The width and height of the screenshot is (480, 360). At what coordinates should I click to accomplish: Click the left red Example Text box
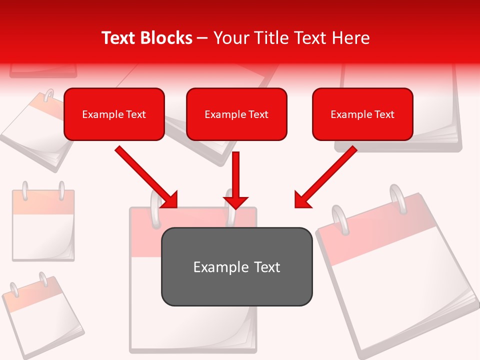(x=114, y=114)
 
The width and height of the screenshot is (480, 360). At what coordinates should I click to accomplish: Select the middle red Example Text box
(x=236, y=114)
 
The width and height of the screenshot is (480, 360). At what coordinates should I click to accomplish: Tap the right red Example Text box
(x=362, y=114)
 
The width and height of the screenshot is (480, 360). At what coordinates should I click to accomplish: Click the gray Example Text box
(x=236, y=266)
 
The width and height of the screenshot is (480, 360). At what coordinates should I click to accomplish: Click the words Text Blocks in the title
(x=146, y=38)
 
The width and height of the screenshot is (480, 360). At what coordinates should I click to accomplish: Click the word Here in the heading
(x=352, y=38)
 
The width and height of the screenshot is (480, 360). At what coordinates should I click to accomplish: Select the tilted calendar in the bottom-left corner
(x=42, y=315)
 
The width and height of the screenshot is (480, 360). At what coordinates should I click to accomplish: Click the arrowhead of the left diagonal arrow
(x=170, y=200)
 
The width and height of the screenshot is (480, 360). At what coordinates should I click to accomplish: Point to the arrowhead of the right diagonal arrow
(x=302, y=200)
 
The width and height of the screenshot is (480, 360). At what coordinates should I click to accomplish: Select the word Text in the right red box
(x=384, y=114)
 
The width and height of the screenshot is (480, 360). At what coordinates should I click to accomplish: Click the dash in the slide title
(x=202, y=38)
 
